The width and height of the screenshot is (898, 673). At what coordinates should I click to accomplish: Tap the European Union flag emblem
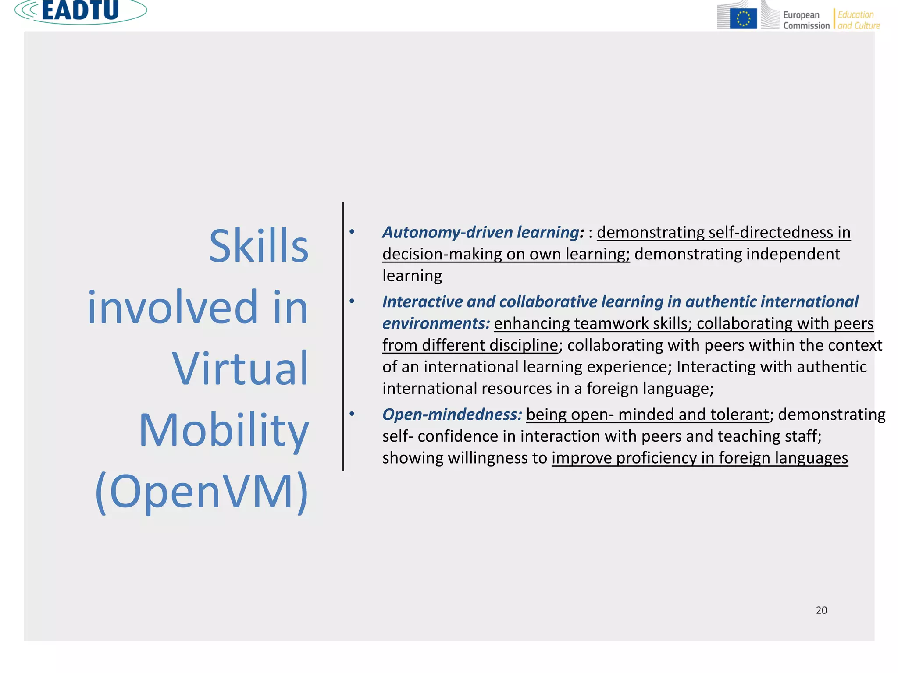click(743, 19)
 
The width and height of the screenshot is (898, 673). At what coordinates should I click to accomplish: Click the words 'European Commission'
click(806, 20)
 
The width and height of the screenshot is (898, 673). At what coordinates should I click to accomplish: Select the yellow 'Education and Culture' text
click(859, 20)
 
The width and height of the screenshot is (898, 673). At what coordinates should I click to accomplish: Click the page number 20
click(821, 610)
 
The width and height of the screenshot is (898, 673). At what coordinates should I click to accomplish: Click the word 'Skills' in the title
click(259, 246)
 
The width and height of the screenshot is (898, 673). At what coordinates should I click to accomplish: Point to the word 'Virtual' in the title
click(240, 369)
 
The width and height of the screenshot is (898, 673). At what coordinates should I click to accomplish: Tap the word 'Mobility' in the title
click(224, 430)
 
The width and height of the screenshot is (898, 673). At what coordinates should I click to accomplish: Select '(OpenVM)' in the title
click(202, 492)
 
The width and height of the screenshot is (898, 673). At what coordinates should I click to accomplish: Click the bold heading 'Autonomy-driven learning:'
click(483, 232)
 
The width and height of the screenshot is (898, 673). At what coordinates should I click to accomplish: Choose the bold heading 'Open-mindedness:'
click(452, 414)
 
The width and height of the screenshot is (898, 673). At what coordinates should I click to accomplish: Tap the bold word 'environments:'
click(436, 323)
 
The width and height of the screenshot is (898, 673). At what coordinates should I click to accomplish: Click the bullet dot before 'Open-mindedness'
click(352, 414)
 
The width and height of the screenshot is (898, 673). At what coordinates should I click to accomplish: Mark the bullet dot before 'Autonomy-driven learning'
click(352, 231)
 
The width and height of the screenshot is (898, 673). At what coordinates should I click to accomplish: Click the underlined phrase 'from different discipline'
click(470, 345)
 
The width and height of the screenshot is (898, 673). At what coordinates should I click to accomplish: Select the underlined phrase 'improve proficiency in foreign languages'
click(699, 458)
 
